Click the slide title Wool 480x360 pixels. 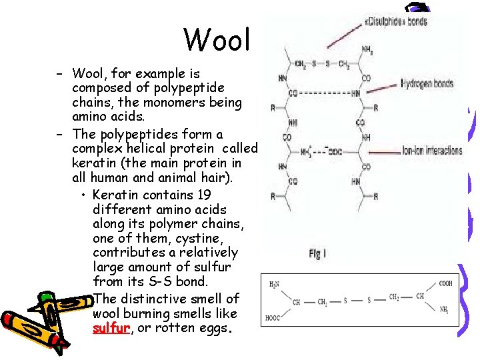[217, 39]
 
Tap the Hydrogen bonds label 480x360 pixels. [427, 84]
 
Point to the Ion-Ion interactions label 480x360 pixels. [432, 151]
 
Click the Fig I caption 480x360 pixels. [319, 254]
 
